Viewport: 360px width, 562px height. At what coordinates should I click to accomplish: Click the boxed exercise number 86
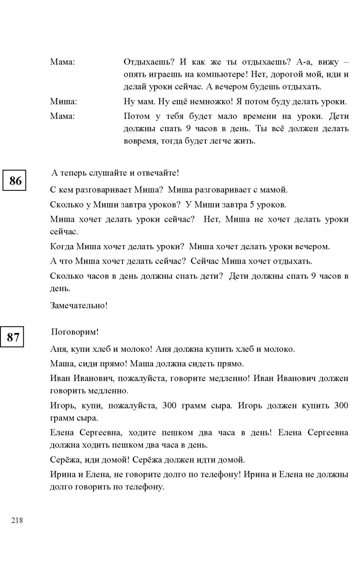coord(15,181)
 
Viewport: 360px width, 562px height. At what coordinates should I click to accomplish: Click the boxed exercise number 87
coord(13,337)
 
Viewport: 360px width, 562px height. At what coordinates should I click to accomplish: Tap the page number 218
coord(17,520)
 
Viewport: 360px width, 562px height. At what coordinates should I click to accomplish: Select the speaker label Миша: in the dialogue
coord(63,102)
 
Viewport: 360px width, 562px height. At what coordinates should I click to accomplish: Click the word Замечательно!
coord(79,306)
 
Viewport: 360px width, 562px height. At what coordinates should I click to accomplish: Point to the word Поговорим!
coord(75,332)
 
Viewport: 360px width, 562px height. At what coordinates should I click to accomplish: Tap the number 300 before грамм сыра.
coord(169,405)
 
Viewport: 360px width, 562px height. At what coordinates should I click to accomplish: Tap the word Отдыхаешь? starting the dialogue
coord(149,62)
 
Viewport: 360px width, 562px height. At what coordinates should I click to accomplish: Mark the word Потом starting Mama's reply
coord(137,117)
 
